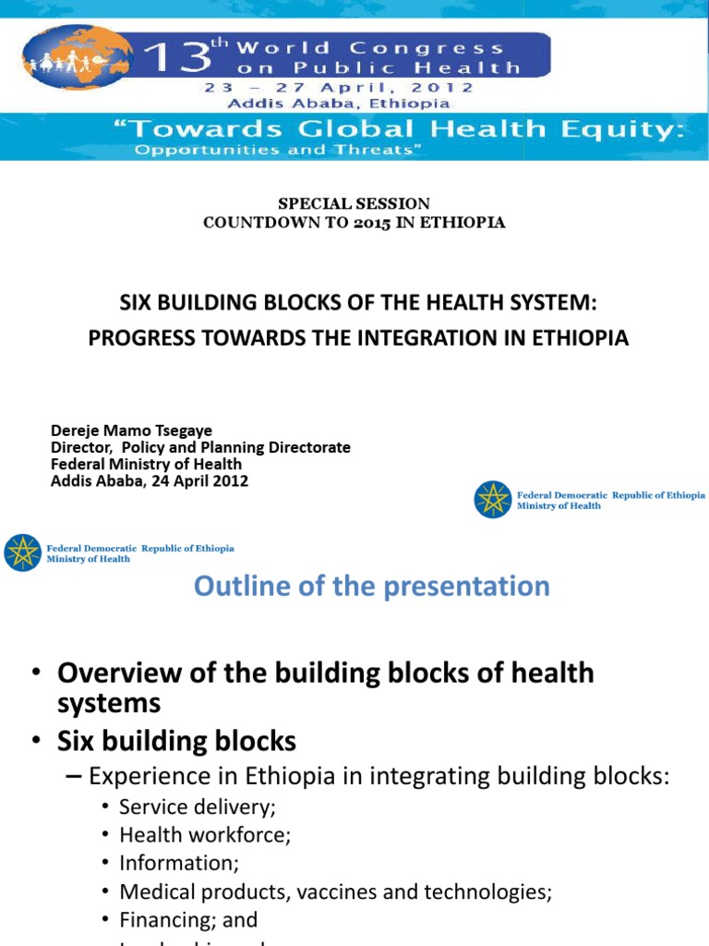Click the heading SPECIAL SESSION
354,203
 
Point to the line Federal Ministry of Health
146,465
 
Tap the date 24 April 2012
198,481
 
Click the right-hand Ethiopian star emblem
492,500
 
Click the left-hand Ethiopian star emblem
22,552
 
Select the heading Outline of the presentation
371,587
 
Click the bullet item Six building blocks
176,741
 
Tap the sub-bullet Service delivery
198,807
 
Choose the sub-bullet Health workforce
205,835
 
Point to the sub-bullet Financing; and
188,920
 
